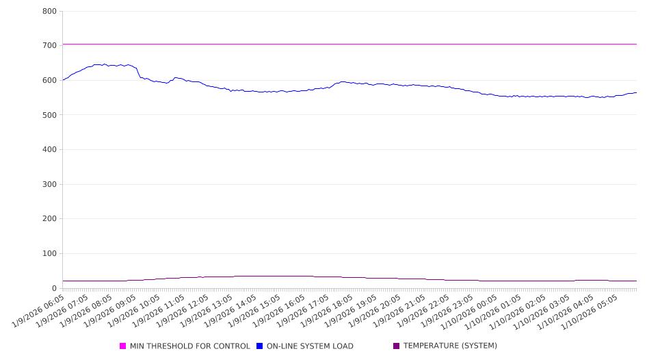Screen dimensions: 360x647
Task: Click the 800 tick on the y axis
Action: (x=49, y=11)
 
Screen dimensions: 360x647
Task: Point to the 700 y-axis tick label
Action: (x=49, y=45)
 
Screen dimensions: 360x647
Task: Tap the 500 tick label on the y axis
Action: (x=49, y=115)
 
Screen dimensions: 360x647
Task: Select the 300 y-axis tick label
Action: (x=49, y=184)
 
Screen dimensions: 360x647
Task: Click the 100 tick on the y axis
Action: (x=49, y=254)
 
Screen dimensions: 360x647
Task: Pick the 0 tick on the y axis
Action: (x=53, y=288)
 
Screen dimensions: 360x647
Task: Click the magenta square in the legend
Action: (x=123, y=346)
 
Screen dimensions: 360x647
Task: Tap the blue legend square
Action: (x=260, y=346)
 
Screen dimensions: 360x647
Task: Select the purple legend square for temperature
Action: (x=397, y=346)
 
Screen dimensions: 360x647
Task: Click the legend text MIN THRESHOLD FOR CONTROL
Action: (x=189, y=346)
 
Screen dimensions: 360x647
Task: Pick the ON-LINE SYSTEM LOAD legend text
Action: (x=310, y=346)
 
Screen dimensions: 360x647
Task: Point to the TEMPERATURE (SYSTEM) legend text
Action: (x=450, y=346)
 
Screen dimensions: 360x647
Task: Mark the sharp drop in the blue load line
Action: (x=139, y=73)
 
